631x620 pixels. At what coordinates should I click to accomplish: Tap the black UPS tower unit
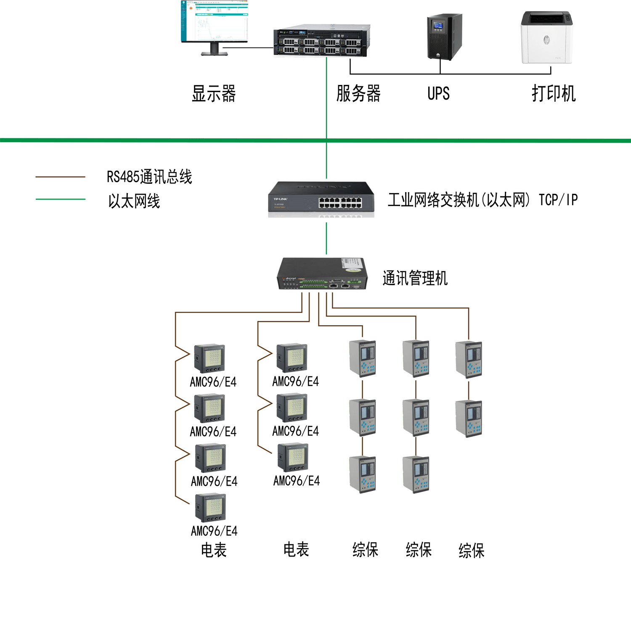tap(444, 37)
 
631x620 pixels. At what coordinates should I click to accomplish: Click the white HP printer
tap(546, 37)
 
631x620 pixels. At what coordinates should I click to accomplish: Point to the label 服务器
tap(358, 93)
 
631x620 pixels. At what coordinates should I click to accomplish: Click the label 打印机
tap(553, 93)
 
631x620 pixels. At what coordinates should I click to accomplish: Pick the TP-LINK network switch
tap(321, 197)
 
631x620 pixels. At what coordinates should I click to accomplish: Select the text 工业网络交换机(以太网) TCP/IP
tap(483, 200)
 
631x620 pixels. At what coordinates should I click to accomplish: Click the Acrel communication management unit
tap(321, 273)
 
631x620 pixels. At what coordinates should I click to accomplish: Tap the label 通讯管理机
tap(415, 278)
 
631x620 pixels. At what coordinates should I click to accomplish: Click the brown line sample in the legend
tap(60, 177)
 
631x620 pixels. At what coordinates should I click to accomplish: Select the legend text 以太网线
tap(134, 201)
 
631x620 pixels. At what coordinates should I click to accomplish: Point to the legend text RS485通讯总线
tap(149, 177)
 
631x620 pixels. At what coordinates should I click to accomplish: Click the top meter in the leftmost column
tap(209, 359)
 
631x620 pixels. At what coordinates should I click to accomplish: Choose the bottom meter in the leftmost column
tap(210, 508)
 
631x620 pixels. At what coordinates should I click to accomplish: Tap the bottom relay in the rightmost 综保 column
tap(469, 419)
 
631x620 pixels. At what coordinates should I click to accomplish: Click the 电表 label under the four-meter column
tap(214, 550)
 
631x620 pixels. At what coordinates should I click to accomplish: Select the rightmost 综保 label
tap(471, 551)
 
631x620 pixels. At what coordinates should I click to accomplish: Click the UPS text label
tap(438, 93)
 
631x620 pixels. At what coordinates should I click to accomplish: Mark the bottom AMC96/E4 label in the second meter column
tap(297, 481)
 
